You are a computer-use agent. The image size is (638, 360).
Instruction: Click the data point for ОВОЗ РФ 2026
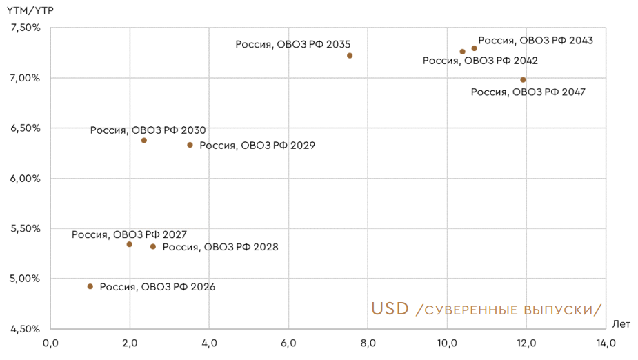point(90,286)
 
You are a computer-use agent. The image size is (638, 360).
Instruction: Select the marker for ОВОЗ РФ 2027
point(129,244)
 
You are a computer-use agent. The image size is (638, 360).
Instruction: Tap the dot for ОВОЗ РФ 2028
point(153,246)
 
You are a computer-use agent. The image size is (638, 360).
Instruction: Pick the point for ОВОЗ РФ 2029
point(190,145)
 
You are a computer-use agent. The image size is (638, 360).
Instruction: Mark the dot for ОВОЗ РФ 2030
point(144,141)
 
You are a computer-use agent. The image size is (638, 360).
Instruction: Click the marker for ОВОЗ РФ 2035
point(350,56)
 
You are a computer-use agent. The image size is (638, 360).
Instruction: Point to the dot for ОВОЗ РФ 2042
point(462,52)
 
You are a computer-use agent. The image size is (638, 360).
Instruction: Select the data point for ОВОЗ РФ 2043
point(475,48)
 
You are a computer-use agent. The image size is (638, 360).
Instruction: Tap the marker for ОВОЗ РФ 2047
point(523,80)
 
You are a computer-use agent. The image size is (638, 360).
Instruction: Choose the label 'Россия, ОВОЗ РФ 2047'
point(528,92)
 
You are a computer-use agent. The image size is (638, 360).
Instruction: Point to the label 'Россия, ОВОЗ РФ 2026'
point(157,287)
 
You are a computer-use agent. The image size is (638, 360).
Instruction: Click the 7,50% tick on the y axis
point(26,28)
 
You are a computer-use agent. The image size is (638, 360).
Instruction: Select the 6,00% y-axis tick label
point(26,178)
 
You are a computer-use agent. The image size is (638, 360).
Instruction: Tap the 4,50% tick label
point(26,329)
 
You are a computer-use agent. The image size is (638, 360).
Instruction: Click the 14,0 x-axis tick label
point(606,343)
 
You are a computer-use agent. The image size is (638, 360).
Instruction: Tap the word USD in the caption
point(390,308)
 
